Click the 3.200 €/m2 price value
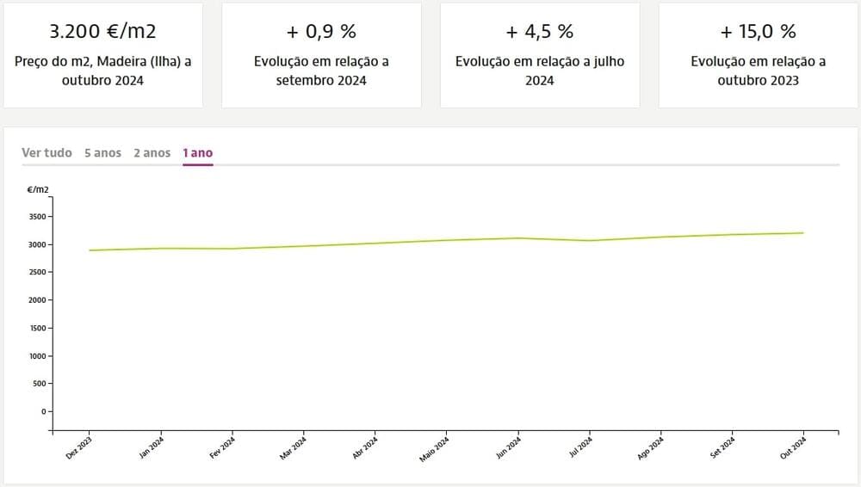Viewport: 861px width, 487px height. (102, 32)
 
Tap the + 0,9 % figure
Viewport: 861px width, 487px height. (321, 32)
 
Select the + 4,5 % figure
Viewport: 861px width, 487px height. (540, 32)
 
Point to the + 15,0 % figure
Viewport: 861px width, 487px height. (759, 32)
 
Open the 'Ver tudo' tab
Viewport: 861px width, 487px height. (46, 153)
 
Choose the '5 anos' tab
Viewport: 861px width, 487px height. (102, 153)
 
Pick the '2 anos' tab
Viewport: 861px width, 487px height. (152, 153)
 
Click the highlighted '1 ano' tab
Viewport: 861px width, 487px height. (197, 153)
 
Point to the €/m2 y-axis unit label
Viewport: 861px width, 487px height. (38, 188)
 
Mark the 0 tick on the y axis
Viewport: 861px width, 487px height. (43, 411)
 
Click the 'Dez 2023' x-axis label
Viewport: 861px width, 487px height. (79, 448)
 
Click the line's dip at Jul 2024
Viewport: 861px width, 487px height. (590, 240)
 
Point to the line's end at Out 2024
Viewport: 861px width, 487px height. (803, 232)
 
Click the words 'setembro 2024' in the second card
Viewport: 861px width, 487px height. (321, 81)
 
